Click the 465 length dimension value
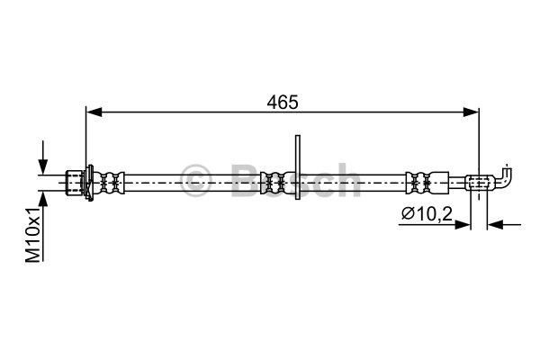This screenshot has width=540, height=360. pyautogui.click(x=282, y=102)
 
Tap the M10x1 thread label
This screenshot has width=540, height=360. pyautogui.click(x=34, y=235)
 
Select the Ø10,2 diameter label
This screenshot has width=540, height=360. pyautogui.click(x=427, y=214)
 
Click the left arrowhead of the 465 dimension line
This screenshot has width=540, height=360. pyautogui.click(x=94, y=112)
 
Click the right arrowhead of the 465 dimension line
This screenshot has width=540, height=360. pyautogui.click(x=471, y=112)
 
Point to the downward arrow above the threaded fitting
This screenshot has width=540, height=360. pyautogui.click(x=43, y=157)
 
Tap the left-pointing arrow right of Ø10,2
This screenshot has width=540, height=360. pyautogui.click(x=504, y=225)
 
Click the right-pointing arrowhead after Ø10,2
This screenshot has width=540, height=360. pyautogui.click(x=463, y=225)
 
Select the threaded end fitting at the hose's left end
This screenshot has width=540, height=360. pyautogui.click(x=75, y=183)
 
